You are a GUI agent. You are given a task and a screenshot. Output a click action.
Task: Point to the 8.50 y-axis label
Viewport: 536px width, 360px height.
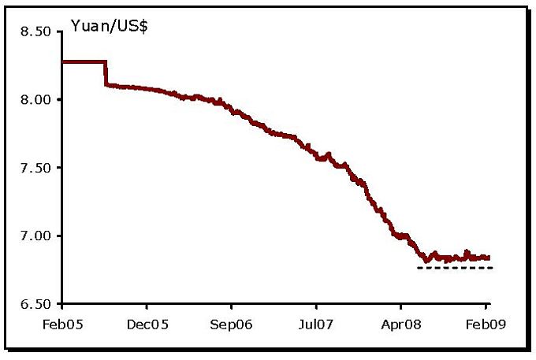tap(35, 32)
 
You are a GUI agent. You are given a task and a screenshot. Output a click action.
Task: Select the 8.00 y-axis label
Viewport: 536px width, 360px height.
tap(35, 100)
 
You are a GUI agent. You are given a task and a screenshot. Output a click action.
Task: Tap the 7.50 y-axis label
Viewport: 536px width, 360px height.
tap(35, 168)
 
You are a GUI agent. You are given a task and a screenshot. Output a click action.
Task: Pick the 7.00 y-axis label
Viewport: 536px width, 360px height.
tap(35, 236)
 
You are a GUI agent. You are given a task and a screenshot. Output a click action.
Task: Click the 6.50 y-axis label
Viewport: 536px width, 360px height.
tap(35, 304)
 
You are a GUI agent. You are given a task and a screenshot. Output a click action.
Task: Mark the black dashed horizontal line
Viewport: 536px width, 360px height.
tap(455, 268)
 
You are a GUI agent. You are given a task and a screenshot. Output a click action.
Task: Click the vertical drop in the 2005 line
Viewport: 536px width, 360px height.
tap(106, 73)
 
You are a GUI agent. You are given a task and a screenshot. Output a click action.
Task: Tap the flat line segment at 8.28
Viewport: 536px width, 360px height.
tap(84, 61)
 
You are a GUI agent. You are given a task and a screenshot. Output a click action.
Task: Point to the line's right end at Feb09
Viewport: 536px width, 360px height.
tap(489, 258)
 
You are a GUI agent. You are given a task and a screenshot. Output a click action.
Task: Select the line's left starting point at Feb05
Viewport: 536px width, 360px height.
tap(62, 61)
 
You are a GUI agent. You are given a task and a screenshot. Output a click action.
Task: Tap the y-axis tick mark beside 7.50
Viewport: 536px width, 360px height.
tap(59, 168)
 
